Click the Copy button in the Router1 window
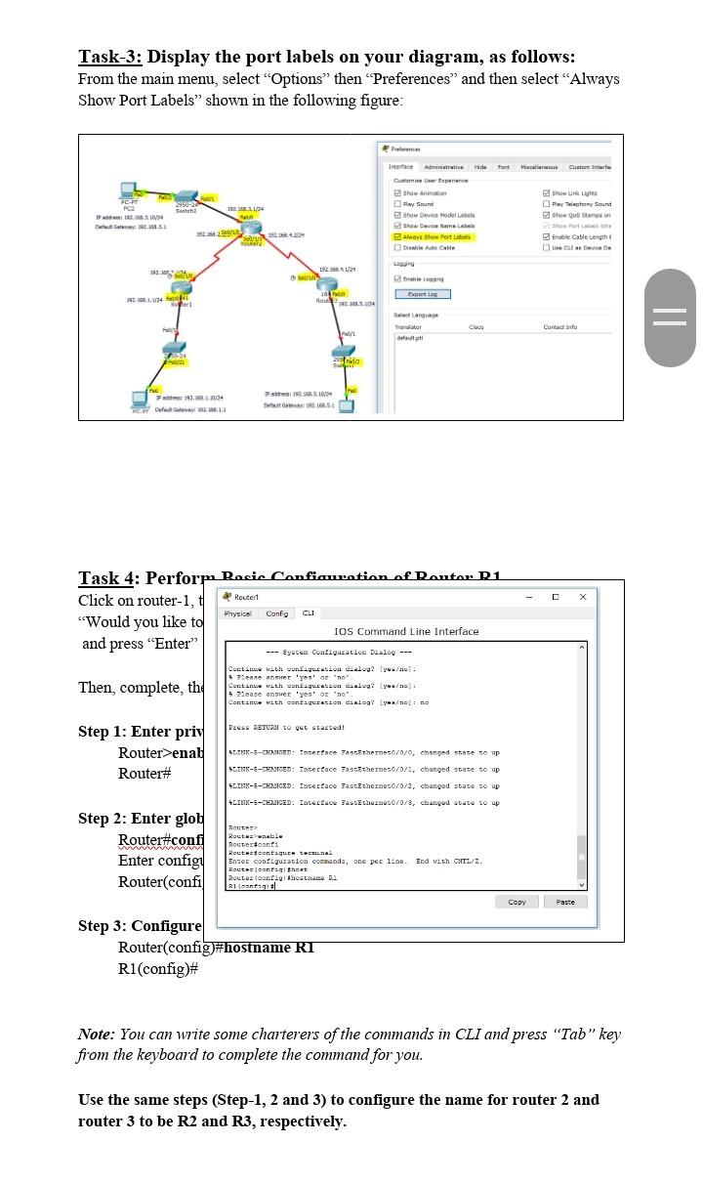517,902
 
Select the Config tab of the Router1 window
277,613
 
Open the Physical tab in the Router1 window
238,613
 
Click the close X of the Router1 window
583,596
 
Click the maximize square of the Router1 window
555,596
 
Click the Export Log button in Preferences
422,293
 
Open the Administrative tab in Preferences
443,167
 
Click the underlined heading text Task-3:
110,57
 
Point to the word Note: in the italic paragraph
97,1034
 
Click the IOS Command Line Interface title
406,632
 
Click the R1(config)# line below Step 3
158,968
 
